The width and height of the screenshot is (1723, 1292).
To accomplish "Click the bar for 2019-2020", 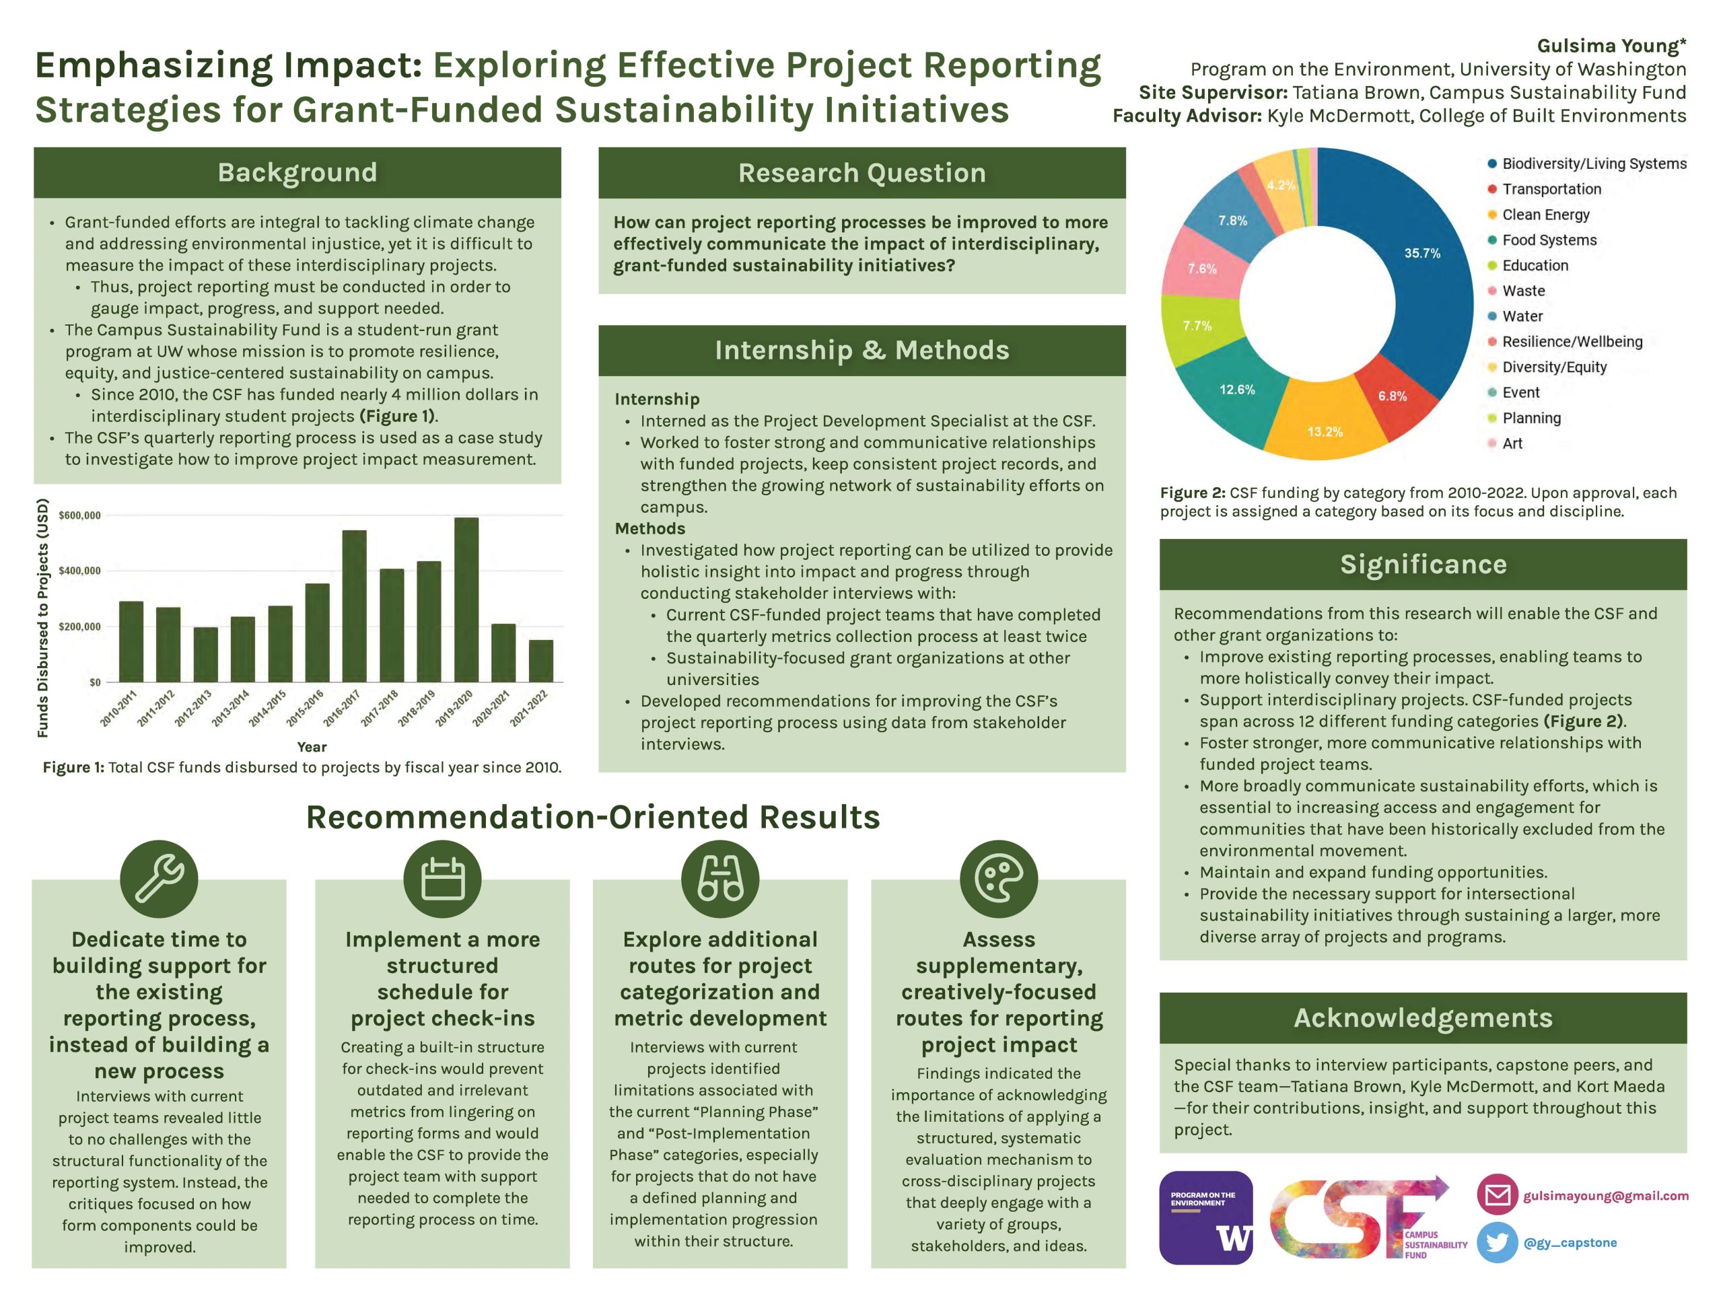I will (466, 600).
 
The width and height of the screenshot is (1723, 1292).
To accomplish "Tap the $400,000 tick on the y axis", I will (79, 571).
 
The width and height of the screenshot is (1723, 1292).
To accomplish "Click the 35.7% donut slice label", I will (1421, 253).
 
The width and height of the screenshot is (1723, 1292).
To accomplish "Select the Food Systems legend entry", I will (1549, 240).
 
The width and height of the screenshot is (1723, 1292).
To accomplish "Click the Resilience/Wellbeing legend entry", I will (1571, 341).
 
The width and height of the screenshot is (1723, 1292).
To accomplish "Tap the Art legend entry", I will (1511, 443).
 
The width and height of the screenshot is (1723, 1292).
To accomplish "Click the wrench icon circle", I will (159, 878).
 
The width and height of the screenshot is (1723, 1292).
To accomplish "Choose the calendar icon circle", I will (442, 878).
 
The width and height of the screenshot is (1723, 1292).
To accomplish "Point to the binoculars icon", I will (719, 878).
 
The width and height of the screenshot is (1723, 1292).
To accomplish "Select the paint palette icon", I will (999, 878).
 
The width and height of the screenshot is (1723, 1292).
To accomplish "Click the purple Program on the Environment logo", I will (1206, 1217).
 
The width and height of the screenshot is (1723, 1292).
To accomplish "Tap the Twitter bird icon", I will (1496, 1242).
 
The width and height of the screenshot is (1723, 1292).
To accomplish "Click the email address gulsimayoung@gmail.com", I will (1605, 1195).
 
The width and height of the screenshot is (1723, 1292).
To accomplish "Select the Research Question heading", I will (861, 173).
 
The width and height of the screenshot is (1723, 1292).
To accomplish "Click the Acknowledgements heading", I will (1422, 1018).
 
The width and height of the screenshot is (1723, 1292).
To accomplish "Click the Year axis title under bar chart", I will (312, 747).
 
